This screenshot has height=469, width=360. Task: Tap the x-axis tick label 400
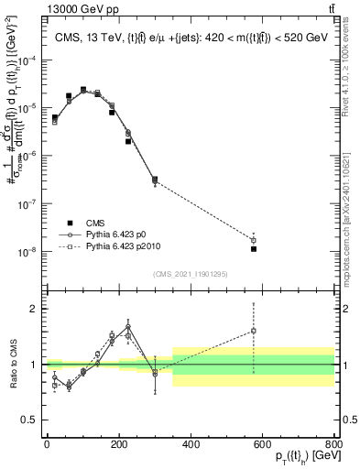191,444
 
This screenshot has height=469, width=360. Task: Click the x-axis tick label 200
119,444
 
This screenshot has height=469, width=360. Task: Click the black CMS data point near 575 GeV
254,248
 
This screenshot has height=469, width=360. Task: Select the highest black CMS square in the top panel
83,90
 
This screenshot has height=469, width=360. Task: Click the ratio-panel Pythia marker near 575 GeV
254,331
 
